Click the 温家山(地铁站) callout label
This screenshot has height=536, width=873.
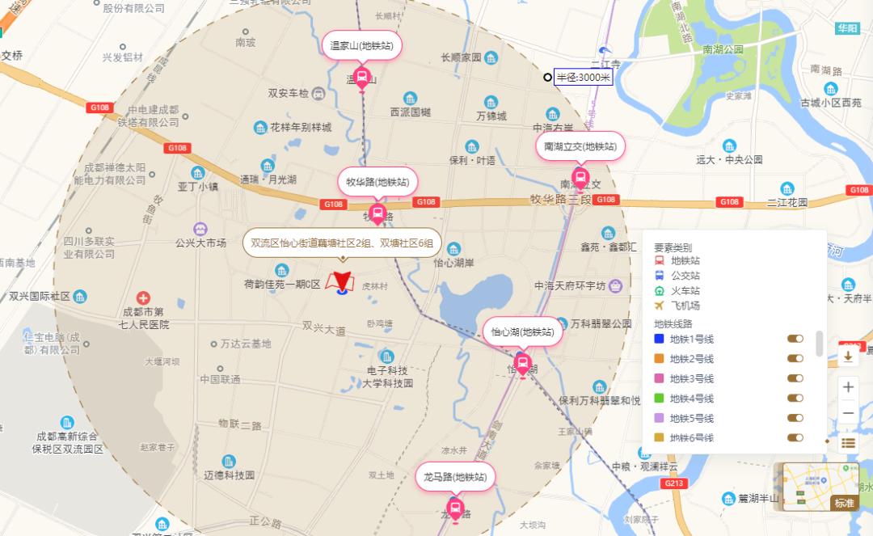tap(361, 46)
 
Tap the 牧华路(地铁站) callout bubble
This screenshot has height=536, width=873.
tap(377, 182)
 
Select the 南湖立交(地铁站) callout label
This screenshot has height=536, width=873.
tap(580, 146)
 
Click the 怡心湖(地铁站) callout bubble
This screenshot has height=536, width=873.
tap(523, 331)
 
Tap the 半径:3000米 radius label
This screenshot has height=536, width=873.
tap(584, 78)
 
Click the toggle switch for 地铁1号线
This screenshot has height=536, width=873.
tap(795, 339)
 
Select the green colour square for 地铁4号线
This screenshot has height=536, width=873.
tap(659, 399)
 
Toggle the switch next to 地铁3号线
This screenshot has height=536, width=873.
tap(795, 378)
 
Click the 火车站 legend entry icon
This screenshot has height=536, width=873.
tap(659, 291)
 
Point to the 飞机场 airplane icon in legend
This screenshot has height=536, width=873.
tap(659, 306)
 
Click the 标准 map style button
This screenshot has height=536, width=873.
tap(844, 503)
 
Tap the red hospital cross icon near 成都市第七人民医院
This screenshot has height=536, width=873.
tap(143, 298)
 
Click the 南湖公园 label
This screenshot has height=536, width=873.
tap(723, 49)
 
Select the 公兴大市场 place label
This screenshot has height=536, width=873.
tap(201, 243)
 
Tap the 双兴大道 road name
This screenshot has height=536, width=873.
tap(324, 331)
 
